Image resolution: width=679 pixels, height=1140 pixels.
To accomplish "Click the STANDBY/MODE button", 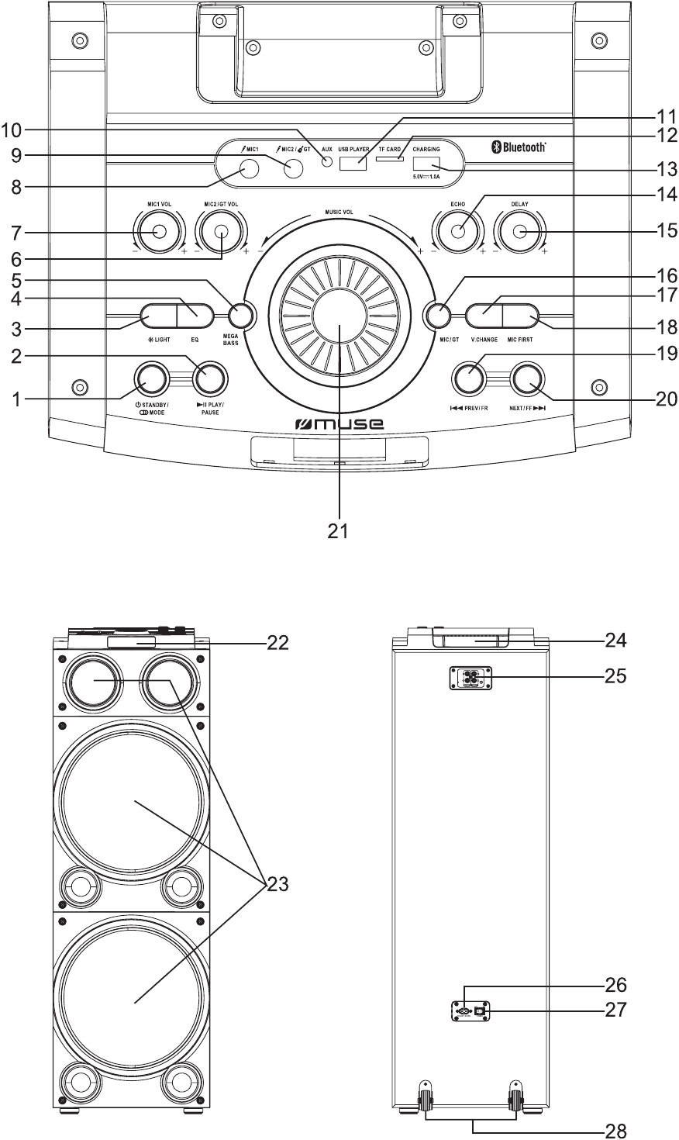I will click(x=151, y=378).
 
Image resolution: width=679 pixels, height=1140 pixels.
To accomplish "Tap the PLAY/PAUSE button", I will click(x=210, y=378).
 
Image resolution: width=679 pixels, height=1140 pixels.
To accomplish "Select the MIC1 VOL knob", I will click(x=160, y=231).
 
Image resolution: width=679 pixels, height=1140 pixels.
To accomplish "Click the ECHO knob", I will click(x=460, y=231).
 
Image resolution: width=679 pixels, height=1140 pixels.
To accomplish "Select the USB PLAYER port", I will click(x=353, y=164).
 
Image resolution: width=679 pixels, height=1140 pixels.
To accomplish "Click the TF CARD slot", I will click(x=390, y=160).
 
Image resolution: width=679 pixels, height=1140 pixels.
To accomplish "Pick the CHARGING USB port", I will click(x=426, y=164).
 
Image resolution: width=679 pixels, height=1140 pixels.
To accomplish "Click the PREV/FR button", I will click(x=469, y=378).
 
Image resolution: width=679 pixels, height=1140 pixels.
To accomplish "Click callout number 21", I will click(x=339, y=531).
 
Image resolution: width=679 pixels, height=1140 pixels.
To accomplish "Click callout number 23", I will click(x=277, y=884).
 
